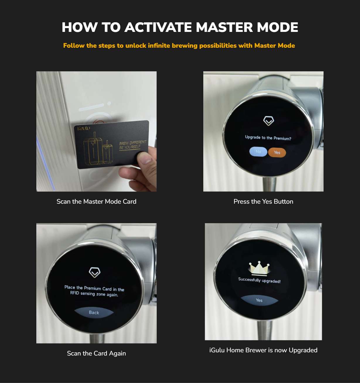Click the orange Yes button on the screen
point(277,152)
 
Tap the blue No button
point(258,152)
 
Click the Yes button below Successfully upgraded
point(259,300)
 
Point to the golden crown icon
point(259,268)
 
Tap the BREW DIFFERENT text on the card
point(132,143)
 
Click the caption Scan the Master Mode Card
point(96,202)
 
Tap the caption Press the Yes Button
point(263,202)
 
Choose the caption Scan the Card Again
point(96,353)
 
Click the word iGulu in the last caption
point(217,350)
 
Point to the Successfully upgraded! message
point(259,280)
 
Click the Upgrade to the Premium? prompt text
point(268,138)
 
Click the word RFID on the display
point(75,293)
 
